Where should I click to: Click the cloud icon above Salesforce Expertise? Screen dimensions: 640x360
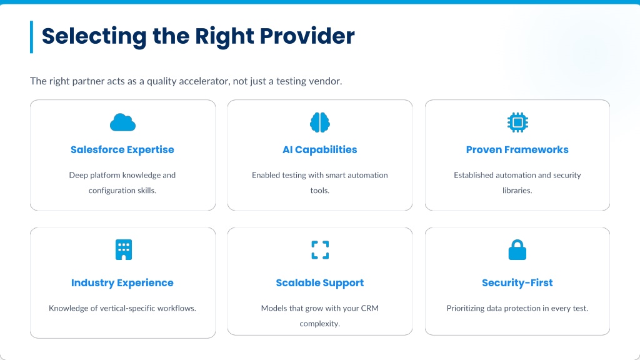pos(122,122)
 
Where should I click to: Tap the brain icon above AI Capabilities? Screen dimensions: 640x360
pos(320,122)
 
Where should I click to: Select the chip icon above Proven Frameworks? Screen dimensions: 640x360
pos(517,122)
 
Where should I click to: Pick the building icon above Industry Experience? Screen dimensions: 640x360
pos(124,250)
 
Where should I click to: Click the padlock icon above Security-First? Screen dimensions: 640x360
pos(517,250)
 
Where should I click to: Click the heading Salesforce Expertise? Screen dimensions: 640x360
pos(122,150)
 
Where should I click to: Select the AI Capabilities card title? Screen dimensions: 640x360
pos(320,150)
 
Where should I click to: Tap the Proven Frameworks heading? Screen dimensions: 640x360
pos(517,150)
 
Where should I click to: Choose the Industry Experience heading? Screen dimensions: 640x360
pos(122,283)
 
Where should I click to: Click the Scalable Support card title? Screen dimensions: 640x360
pos(320,283)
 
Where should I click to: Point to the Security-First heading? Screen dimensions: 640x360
pos(517,283)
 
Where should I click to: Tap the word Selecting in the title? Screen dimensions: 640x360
pos(94,37)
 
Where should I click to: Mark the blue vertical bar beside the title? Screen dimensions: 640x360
pos(31,37)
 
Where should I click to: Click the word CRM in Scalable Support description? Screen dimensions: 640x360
pos(370,308)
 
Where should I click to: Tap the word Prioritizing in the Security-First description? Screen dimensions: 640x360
pos(465,309)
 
